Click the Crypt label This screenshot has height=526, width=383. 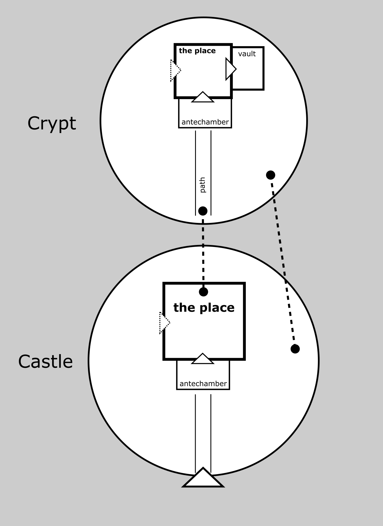(52, 123)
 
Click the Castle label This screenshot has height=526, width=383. (45, 361)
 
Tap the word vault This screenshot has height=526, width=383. (247, 54)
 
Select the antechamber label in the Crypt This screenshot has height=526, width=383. (205, 122)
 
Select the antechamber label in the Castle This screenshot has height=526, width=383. (203, 384)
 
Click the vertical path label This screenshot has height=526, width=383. (203, 185)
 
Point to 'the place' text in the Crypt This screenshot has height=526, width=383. (197, 51)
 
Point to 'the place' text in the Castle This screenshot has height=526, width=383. (204, 308)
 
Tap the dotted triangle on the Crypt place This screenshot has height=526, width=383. (174, 70)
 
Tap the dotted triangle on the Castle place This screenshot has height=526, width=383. (164, 323)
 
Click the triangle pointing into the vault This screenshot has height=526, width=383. (230, 69)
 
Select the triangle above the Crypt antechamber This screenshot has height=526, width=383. (203, 98)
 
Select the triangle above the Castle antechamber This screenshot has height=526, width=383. (203, 359)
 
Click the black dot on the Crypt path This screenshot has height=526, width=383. (203, 211)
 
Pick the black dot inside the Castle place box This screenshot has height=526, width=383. (203, 292)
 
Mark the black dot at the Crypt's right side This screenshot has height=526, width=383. (271, 175)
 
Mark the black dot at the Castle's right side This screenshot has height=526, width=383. (295, 349)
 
